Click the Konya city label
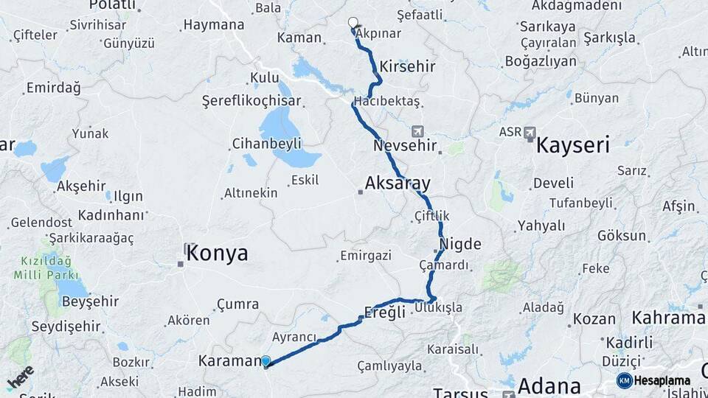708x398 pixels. coord(217,254)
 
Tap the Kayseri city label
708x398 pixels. coord(572,144)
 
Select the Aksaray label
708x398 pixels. coord(398,184)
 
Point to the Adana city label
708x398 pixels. coord(549,385)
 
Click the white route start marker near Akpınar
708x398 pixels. coord(353,23)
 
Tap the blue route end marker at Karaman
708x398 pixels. coord(265,361)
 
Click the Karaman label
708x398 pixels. coord(230,361)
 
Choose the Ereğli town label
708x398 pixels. coord(385,312)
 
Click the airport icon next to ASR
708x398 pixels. coord(530,133)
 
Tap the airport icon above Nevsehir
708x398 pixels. coord(418,131)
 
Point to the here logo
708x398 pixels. coord(20,377)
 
